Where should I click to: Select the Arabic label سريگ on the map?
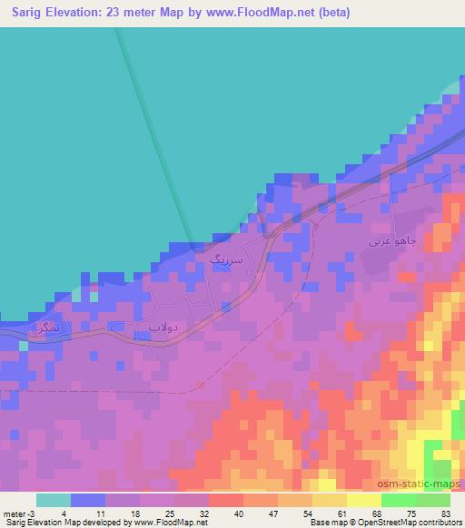[x=227, y=260]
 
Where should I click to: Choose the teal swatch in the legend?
[x=53, y=500]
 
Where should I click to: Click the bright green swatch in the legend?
[x=399, y=500]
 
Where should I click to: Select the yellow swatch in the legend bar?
[x=364, y=500]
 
